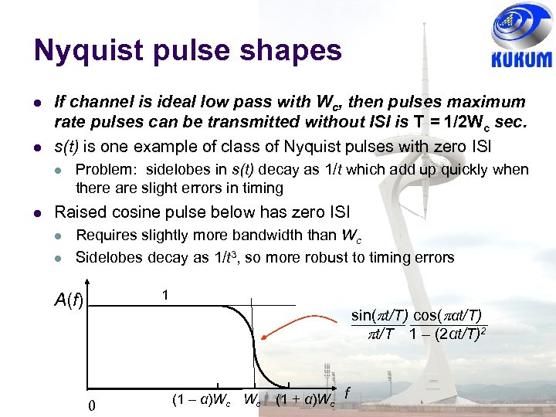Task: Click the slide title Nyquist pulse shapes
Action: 187,51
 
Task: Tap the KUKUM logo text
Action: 521,59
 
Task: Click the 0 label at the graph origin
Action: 92,406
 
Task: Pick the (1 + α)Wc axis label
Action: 305,400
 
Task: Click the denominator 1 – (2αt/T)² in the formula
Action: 447,334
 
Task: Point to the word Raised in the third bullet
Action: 78,212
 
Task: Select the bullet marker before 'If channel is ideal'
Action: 38,102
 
